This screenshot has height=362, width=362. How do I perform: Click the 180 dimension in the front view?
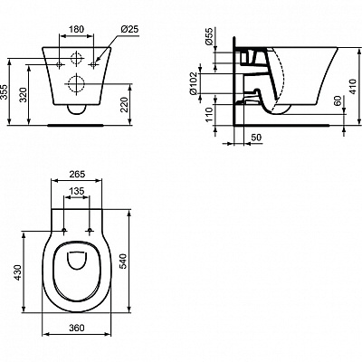pos(79,28)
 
